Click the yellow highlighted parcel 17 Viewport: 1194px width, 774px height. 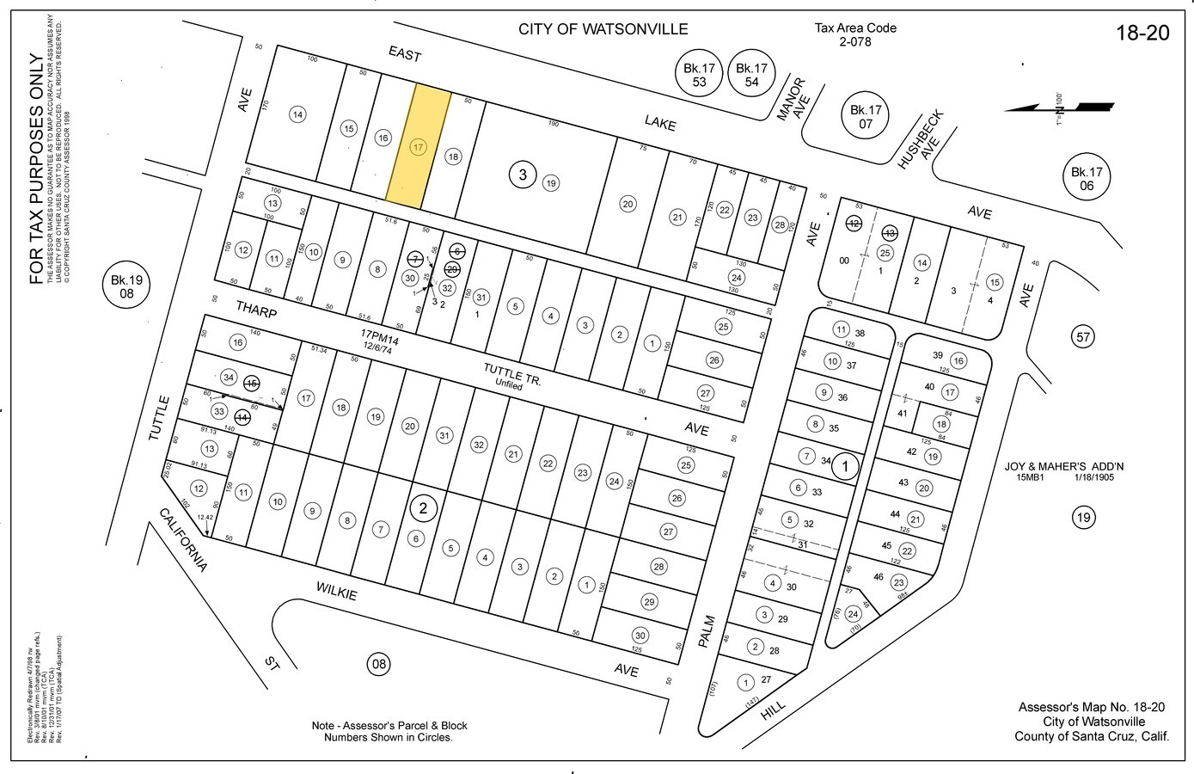(418, 146)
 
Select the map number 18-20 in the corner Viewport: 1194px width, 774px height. (1142, 33)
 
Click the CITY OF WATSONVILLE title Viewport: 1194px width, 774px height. (603, 29)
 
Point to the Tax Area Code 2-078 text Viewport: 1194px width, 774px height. (854, 34)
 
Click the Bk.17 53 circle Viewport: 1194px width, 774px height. (700, 75)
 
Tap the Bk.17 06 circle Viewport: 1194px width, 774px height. (1086, 178)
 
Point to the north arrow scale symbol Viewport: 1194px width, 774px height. (1059, 107)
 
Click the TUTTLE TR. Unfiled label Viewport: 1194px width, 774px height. (511, 376)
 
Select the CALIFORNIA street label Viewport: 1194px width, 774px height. (182, 540)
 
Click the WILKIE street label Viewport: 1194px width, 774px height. (336, 591)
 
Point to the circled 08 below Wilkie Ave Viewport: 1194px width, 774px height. (378, 663)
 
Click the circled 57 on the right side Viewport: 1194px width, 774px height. (1082, 336)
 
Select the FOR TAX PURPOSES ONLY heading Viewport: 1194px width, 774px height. (36, 169)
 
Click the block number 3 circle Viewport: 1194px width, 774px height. (523, 175)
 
